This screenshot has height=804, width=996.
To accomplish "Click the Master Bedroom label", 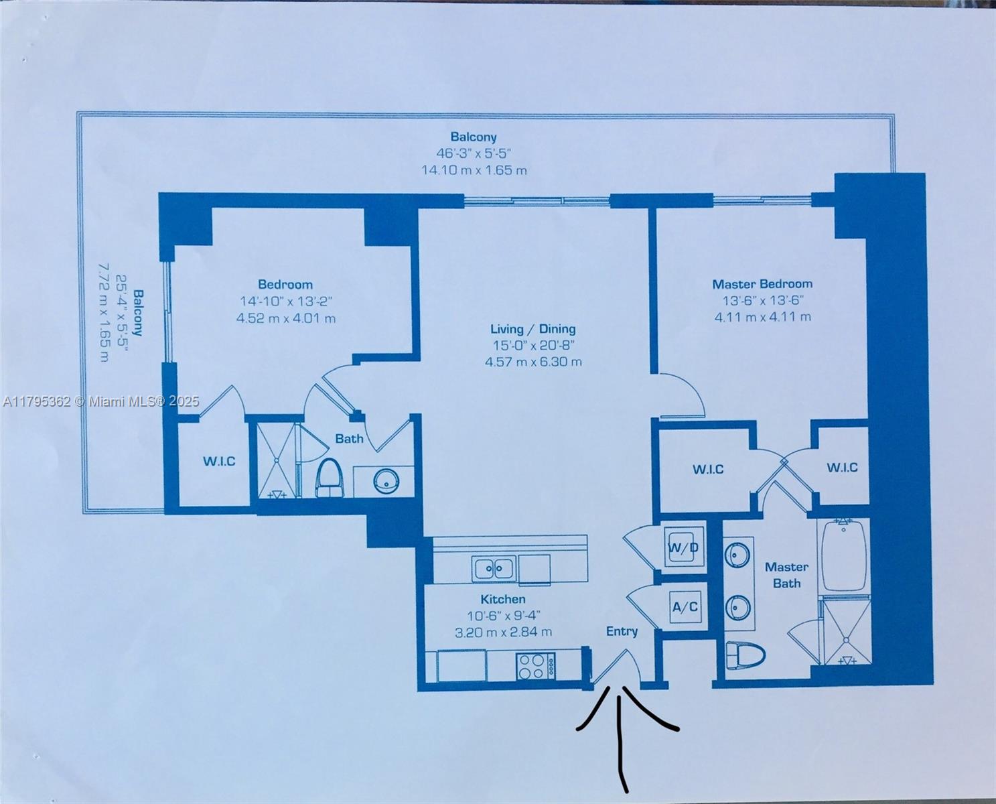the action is pos(762,284).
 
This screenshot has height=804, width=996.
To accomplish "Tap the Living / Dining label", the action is pos(533,329).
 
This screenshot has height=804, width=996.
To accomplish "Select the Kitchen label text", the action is pos(503,599).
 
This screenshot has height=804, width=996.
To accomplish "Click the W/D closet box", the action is pos(683,547).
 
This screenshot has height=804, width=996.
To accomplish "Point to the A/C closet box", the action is pos(685,607).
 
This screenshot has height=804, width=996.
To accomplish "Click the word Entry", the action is pos(622,631).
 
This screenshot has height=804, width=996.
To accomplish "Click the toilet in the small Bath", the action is pos(329,477).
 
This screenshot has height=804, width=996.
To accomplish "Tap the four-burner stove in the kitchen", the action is pos(536,666).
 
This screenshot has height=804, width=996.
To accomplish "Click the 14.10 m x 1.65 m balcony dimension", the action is pos(474,170).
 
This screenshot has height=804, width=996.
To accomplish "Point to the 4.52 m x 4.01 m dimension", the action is pos(285,318).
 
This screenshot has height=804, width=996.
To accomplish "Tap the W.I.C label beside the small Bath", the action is pos(220,461).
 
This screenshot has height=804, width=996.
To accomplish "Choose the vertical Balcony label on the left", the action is pos(138,313).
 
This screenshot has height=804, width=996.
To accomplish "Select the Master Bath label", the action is pos(786,575).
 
